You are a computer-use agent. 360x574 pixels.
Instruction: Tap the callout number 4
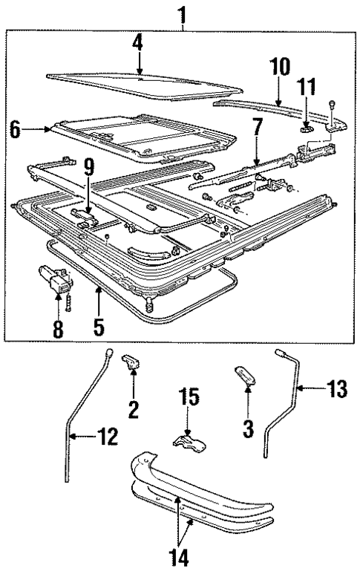pyautogui.click(x=137, y=43)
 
